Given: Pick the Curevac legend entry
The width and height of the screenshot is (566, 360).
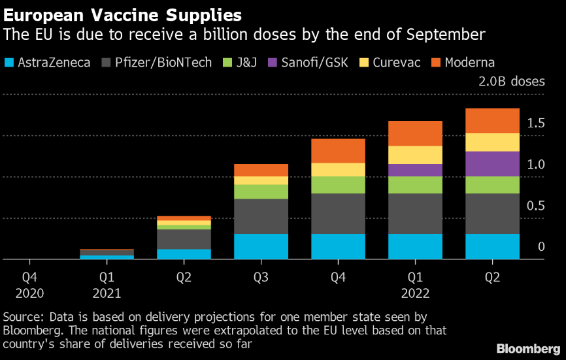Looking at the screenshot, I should tap(390, 63).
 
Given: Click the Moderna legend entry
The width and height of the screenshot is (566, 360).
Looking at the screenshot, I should tap(463, 63).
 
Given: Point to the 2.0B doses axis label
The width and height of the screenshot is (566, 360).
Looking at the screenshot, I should tap(510, 82).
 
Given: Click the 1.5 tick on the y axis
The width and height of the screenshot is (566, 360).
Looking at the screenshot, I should tap(536, 123).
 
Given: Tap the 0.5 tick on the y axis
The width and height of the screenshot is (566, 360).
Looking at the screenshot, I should tap(536, 206).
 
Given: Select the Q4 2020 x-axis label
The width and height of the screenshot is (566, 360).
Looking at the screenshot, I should tap(29, 286).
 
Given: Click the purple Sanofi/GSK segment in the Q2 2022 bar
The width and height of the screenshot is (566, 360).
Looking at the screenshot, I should tap(492, 164).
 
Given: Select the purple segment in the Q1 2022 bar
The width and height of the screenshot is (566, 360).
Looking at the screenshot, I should tap(415, 170).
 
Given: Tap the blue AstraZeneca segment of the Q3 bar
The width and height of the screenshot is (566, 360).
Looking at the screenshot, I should tap(261, 246).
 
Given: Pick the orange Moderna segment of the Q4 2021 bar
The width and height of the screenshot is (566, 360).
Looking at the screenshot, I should tap(338, 151).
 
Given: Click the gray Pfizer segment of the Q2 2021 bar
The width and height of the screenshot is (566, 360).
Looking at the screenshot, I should tap(184, 239).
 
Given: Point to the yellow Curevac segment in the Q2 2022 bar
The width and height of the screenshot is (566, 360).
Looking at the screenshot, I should tap(492, 142).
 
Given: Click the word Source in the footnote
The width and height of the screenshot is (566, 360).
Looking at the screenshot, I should tap(20, 317).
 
